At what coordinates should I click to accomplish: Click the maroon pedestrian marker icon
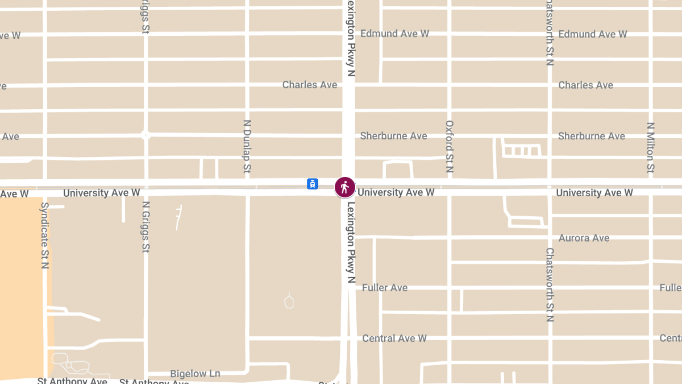(x=344, y=187)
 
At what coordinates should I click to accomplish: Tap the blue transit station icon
(x=312, y=184)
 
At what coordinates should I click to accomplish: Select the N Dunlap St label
(x=247, y=146)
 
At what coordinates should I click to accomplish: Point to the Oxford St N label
(x=450, y=146)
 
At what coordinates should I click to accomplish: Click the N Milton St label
(x=651, y=147)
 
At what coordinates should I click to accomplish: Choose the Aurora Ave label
(x=584, y=238)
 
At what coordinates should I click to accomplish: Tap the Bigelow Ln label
(x=195, y=374)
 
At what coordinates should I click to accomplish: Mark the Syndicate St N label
(x=45, y=235)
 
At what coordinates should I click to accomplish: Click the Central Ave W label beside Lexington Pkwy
(x=394, y=338)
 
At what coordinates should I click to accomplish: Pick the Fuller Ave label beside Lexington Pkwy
(x=385, y=287)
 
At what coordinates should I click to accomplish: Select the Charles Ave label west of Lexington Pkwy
(x=310, y=85)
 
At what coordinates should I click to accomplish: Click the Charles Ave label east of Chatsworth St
(x=585, y=85)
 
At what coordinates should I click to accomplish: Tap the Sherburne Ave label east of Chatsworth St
(x=591, y=136)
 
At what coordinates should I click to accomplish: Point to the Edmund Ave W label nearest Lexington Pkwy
(x=394, y=34)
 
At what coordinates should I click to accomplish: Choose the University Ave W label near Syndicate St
(x=101, y=193)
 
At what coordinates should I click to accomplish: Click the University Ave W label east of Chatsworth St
(x=594, y=193)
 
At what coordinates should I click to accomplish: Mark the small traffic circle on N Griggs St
(x=145, y=135)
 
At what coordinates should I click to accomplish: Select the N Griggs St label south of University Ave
(x=146, y=227)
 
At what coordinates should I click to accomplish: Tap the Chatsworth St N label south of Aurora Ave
(x=550, y=284)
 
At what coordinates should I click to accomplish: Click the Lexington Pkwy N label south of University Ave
(x=351, y=242)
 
